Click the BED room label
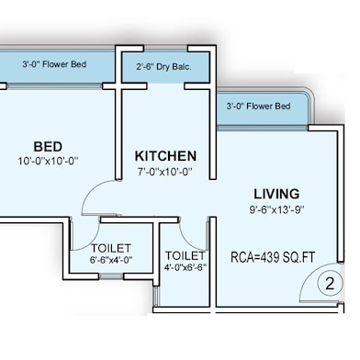pos(48,147)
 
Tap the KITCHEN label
pos(165,156)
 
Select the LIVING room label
pos(276,194)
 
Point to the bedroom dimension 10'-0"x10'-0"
pos(48,161)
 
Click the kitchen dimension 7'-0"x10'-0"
pos(165,172)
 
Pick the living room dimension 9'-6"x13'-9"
pos(276,209)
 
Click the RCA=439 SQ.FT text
pos(273,257)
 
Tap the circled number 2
pos(330,284)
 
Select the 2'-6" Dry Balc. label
pos(163,67)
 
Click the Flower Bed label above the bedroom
pos(54,64)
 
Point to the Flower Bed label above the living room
pos(258,107)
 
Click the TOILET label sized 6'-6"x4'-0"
pos(111,248)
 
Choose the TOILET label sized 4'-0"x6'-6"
pos(186,255)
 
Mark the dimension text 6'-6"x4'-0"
pos(111,260)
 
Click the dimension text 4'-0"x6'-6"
pos(186,267)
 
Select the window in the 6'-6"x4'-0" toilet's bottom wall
pos(111,276)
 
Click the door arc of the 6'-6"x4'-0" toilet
pos(92,242)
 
